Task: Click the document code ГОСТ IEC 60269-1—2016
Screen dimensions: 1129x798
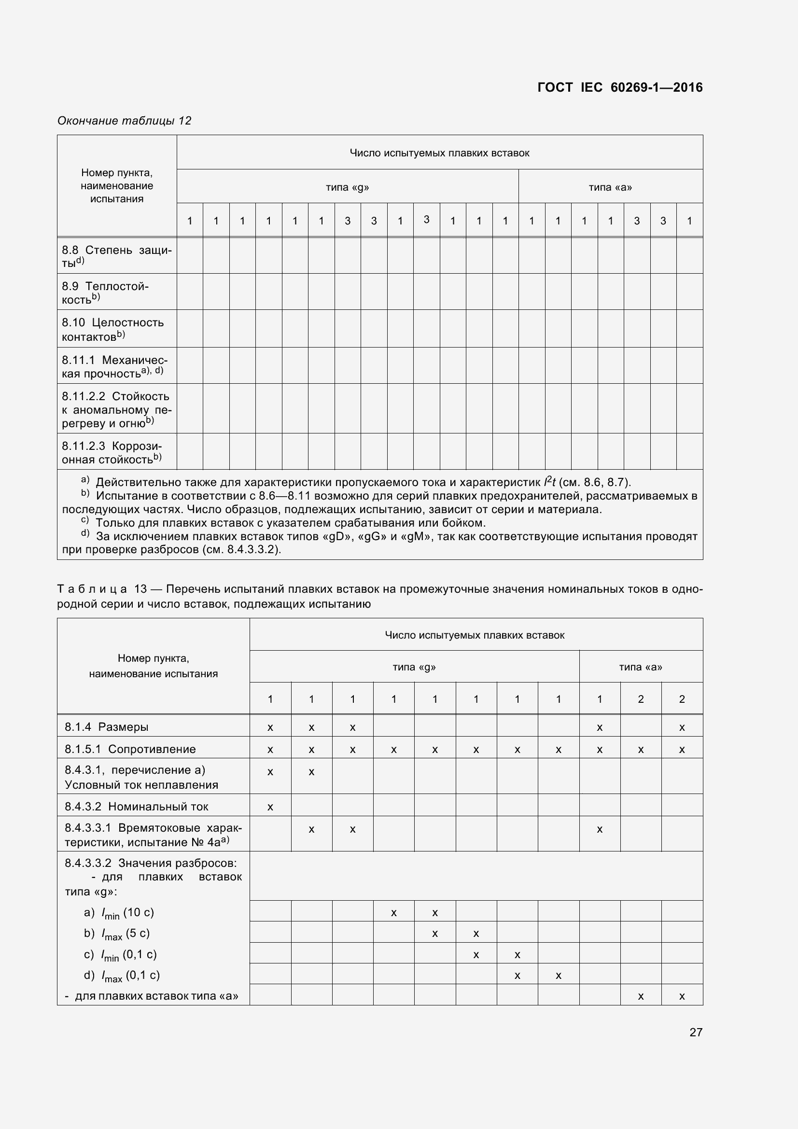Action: [x=619, y=87]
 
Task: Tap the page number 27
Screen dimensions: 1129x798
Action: [x=696, y=1032]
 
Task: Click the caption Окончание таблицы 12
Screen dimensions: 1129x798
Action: [x=125, y=121]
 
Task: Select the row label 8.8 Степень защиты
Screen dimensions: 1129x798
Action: [x=116, y=256]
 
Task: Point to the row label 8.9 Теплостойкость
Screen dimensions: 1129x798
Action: [x=105, y=292]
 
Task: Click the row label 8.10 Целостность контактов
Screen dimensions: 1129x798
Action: [x=112, y=329]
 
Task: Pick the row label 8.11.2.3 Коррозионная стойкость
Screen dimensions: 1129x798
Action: [x=112, y=452]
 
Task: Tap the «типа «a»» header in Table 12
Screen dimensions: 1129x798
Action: [x=610, y=187]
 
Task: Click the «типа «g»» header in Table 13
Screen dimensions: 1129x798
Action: [x=414, y=667]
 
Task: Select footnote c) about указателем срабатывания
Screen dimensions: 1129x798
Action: [x=290, y=523]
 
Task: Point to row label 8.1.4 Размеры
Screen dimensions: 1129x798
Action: [x=106, y=727]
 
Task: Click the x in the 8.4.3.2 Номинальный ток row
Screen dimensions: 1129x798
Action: [x=270, y=807]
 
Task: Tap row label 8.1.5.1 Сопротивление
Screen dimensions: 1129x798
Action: [x=130, y=749]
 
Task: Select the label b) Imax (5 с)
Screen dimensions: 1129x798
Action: [x=116, y=934]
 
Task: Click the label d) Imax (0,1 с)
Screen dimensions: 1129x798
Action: [x=122, y=975]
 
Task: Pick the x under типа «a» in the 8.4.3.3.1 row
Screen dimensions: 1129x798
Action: [x=600, y=830]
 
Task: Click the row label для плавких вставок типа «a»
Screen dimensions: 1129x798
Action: [x=152, y=996]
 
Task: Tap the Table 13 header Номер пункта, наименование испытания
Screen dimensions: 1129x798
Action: [x=154, y=666]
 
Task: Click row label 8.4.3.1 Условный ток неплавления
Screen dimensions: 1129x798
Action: [x=141, y=777]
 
